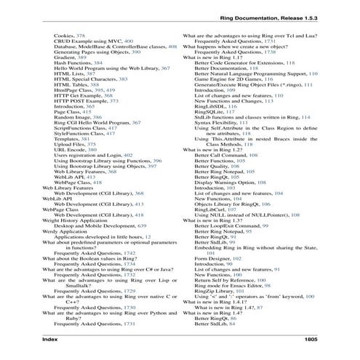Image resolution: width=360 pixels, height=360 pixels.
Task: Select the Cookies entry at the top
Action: click(64, 35)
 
